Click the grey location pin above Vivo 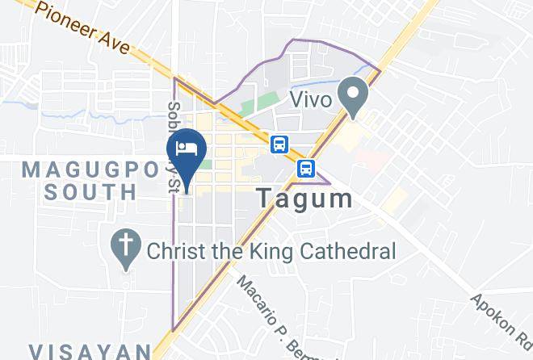353,94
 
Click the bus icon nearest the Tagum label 305,168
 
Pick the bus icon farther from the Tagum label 279,144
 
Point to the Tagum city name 304,199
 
